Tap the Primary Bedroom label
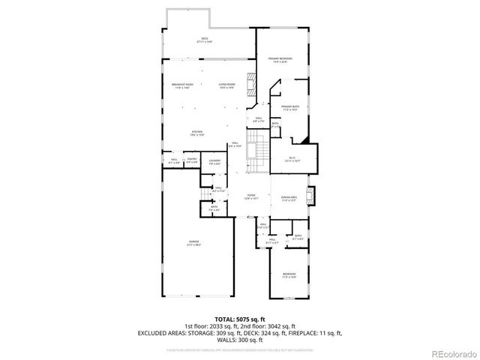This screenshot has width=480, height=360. (x=280, y=59)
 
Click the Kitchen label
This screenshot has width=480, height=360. (x=196, y=133)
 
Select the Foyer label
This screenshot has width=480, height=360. (x=251, y=196)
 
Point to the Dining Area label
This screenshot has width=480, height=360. (x=289, y=198)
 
